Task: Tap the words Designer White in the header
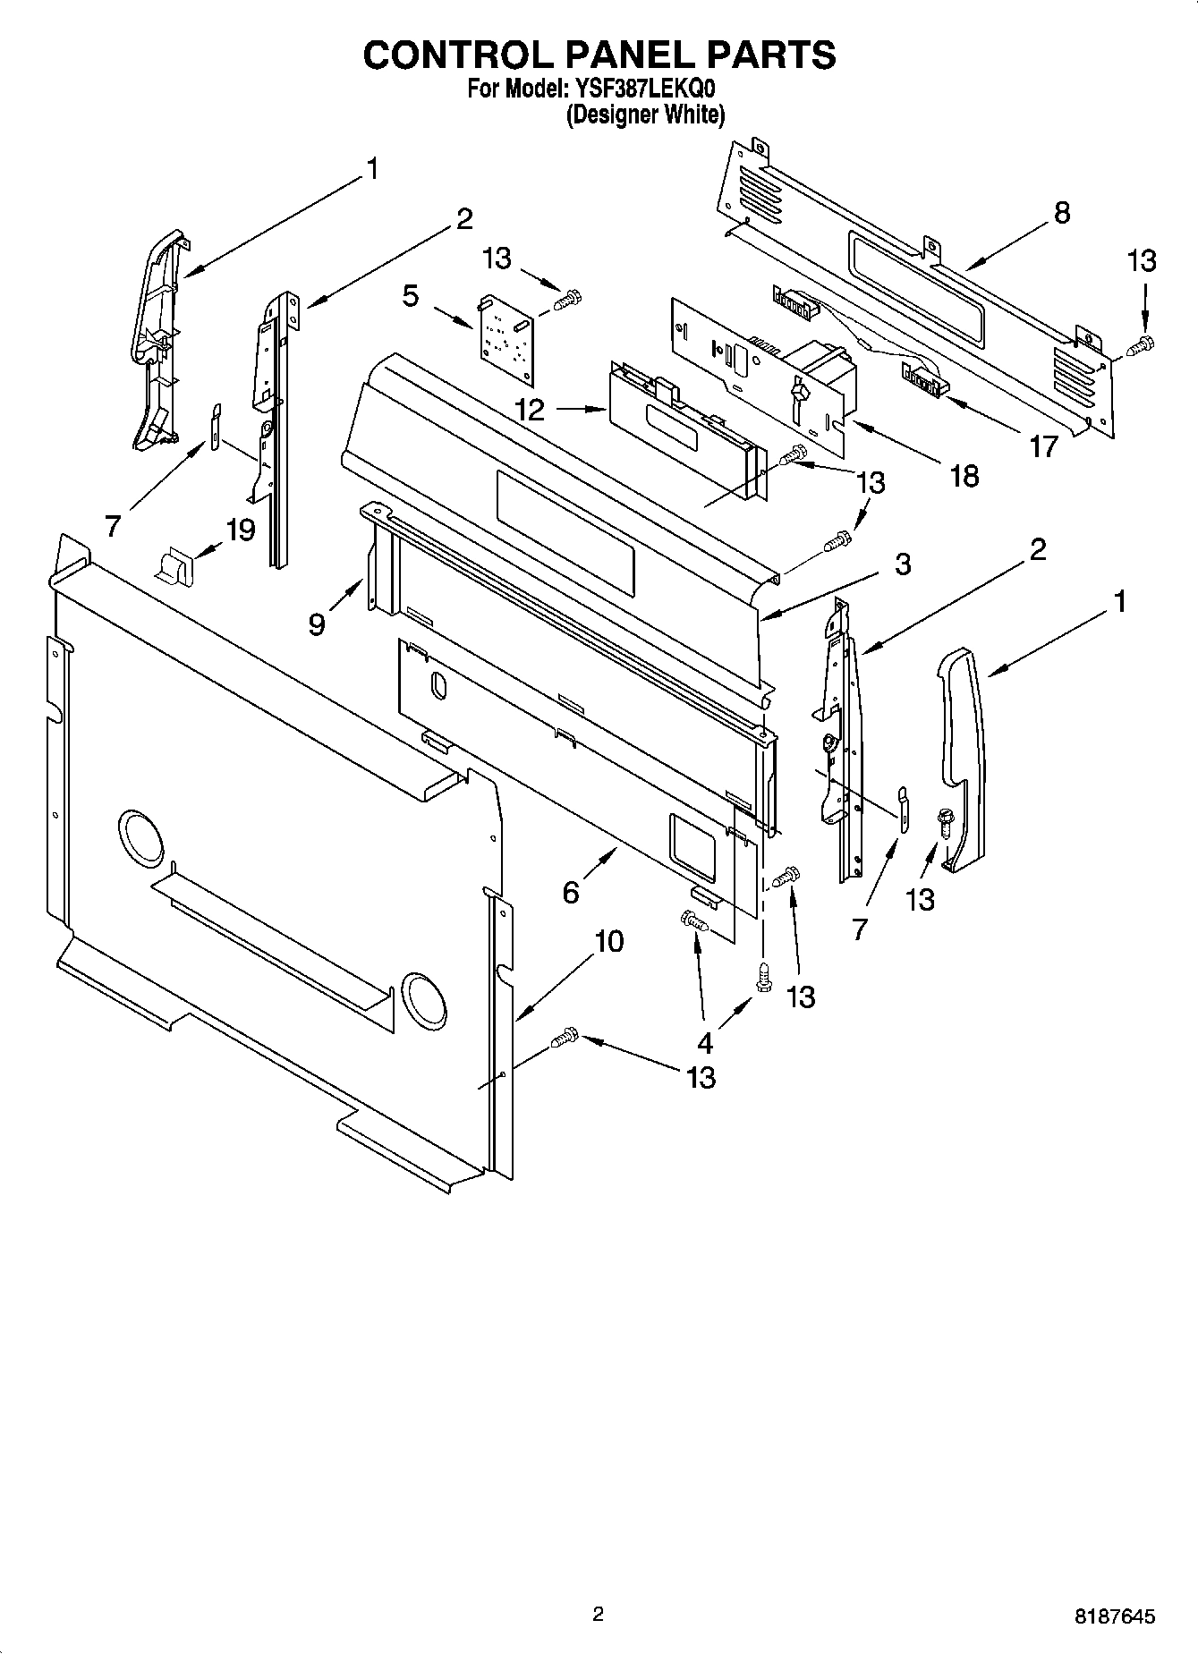(644, 115)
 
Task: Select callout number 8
(1061, 213)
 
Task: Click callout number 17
(1043, 445)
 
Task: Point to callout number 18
(964, 476)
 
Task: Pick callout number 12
(530, 410)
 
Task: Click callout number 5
(411, 296)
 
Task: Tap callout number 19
(241, 530)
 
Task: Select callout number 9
(317, 623)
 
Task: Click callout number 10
(608, 941)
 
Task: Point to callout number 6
(571, 892)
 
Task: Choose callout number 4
(705, 1042)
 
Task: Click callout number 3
(902, 564)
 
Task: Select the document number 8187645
(1114, 1616)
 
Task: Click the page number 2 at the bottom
(599, 1615)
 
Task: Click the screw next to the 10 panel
(565, 1038)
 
